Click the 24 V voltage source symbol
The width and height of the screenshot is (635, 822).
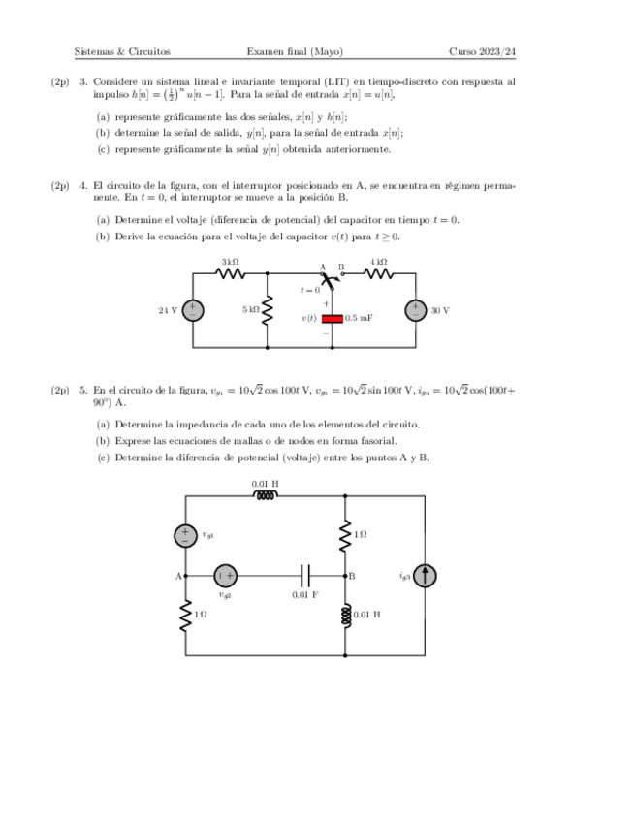tap(192, 310)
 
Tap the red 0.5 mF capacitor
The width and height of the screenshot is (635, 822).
tap(333, 318)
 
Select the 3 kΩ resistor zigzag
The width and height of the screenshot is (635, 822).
tap(230, 273)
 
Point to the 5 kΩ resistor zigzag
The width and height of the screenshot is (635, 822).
tap(268, 310)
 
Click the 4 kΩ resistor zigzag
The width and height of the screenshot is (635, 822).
tap(379, 273)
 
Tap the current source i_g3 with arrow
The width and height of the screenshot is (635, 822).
tap(426, 576)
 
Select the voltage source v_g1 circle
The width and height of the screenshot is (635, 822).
tap(184, 535)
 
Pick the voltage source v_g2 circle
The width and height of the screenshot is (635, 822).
tap(225, 576)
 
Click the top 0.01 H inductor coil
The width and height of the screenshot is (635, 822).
tap(265, 495)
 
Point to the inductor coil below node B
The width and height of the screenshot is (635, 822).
tap(346, 615)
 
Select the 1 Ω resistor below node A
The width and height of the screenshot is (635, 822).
tap(184, 616)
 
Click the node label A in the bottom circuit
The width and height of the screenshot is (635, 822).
tap(177, 576)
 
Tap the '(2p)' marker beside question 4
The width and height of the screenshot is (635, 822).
tap(60, 186)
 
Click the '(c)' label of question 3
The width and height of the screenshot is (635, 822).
tap(103, 149)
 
